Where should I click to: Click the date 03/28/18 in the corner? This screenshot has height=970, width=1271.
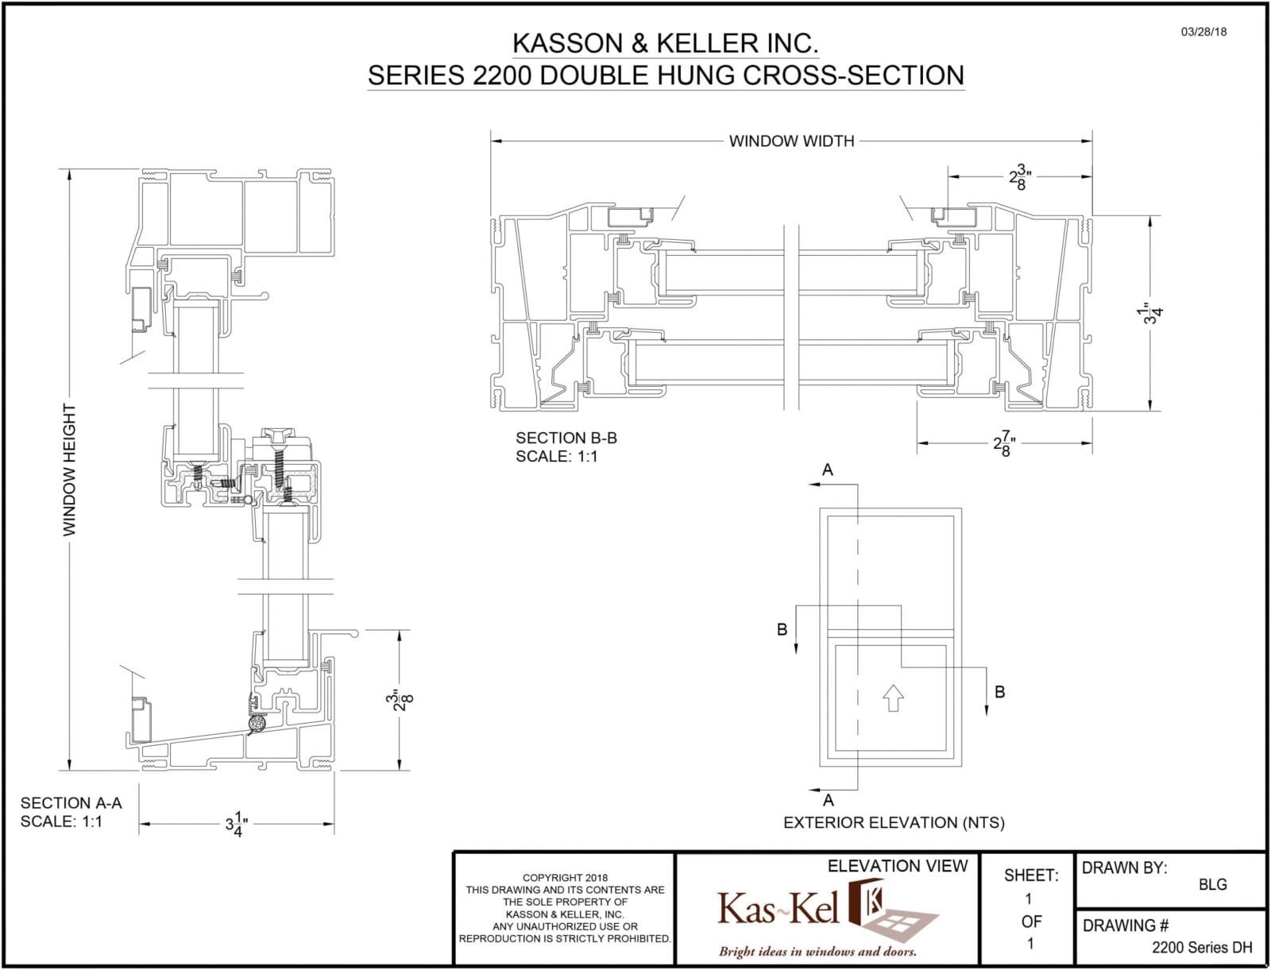(1203, 33)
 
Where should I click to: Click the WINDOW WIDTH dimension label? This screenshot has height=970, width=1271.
(791, 141)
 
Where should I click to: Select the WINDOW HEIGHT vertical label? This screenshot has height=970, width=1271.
(70, 470)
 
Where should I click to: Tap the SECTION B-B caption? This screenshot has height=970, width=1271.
(566, 438)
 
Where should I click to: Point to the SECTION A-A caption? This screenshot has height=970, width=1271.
(71, 803)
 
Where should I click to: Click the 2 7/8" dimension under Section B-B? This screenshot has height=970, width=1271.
(1005, 443)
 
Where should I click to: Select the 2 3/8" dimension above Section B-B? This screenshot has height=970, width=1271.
(1020, 178)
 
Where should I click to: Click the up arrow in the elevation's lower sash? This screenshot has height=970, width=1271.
(894, 697)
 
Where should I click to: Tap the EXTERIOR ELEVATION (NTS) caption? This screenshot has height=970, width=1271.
(894, 823)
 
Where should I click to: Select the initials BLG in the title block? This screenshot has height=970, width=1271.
(1212, 884)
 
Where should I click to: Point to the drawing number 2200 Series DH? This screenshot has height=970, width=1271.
(1201, 947)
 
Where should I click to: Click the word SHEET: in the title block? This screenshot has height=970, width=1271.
(1031, 875)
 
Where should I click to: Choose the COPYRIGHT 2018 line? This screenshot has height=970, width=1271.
(565, 878)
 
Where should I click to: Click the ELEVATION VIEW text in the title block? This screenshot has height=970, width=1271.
(898, 866)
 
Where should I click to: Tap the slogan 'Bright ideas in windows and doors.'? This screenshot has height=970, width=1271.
(817, 951)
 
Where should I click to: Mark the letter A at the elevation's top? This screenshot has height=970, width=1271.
(827, 470)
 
